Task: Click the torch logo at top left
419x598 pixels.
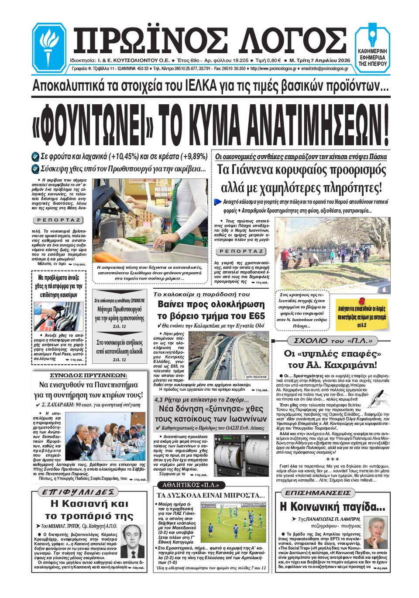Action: pos(49,47)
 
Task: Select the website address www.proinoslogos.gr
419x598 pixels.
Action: pos(273,68)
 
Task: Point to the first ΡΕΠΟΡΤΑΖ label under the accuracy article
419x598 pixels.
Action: pos(58,220)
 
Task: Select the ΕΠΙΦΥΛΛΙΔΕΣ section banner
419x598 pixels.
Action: pos(78,492)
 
